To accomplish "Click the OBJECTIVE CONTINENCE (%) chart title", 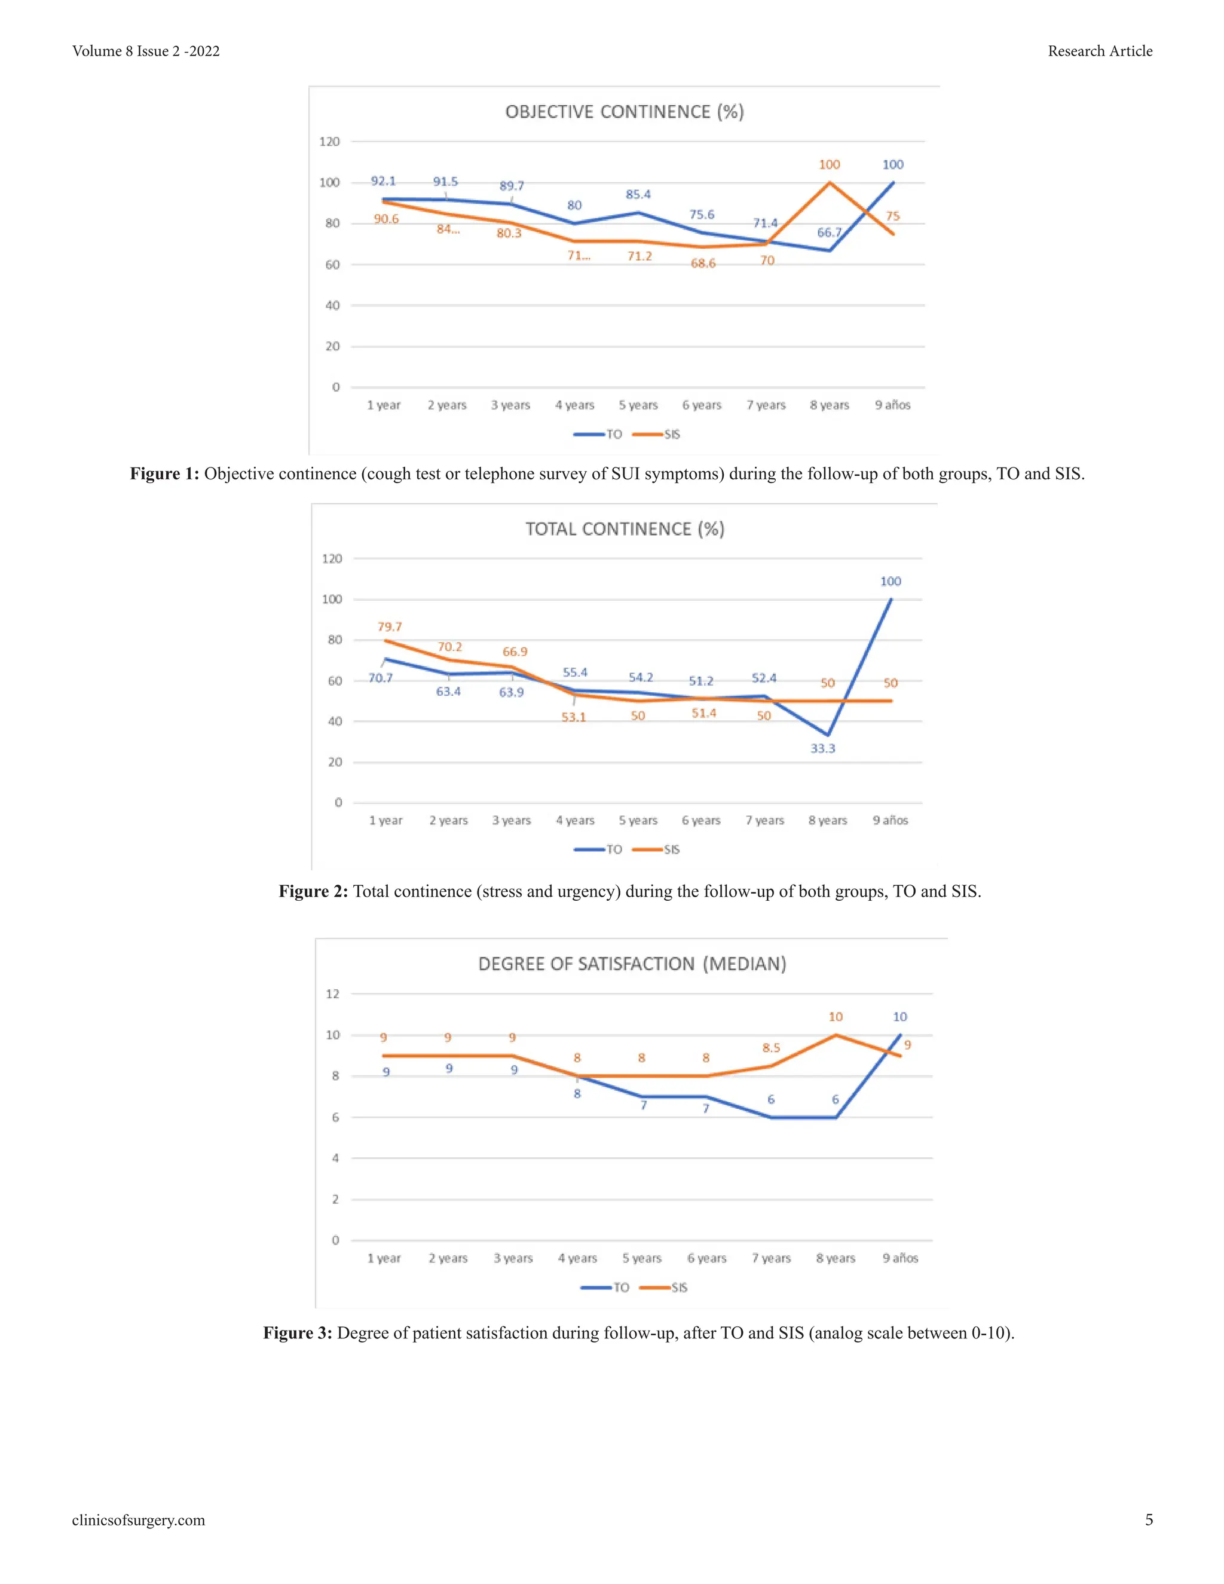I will [625, 112].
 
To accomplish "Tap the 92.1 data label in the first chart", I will [383, 181].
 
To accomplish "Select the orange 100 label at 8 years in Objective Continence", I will [829, 164].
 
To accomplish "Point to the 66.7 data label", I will [829, 233].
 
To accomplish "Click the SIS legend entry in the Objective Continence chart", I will [671, 435].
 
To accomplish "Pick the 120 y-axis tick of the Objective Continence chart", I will [329, 142].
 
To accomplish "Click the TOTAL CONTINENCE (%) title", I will [625, 529].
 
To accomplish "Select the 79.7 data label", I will [390, 626].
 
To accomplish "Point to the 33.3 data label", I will [822, 748].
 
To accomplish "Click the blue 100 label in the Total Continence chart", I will [890, 582].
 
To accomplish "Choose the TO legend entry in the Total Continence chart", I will [613, 849].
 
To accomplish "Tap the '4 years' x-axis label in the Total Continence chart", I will [574, 820].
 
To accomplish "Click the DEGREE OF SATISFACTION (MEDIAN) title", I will [632, 964].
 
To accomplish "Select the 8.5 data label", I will [771, 1048].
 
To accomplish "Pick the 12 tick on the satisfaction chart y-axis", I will [332, 993].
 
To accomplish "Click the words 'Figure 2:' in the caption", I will [313, 891].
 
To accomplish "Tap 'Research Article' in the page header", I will [1099, 51].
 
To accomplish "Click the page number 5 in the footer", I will [1149, 1519].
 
